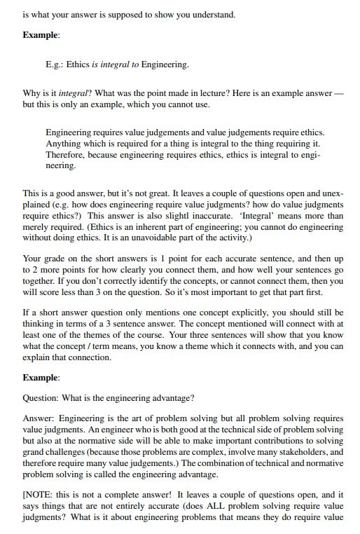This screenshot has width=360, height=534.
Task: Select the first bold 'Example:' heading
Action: pos(41,34)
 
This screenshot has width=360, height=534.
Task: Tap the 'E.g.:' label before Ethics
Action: pos(56,65)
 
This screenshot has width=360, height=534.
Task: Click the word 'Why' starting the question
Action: pos(32,93)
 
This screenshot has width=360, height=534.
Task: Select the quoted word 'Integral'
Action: pos(263,217)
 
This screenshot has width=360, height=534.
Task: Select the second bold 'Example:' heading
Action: pos(41,378)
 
